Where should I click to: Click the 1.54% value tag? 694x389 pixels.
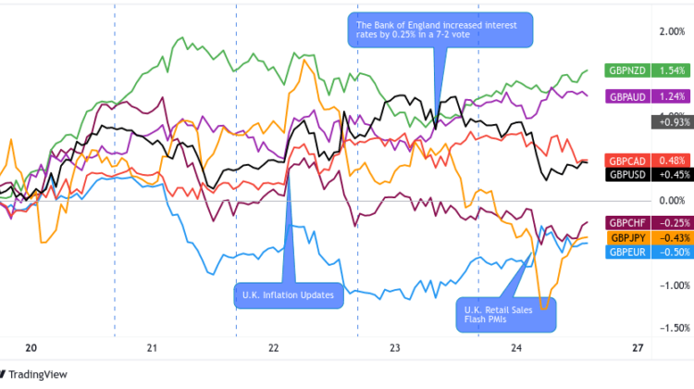tap(671, 70)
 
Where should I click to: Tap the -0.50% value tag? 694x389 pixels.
tap(671, 252)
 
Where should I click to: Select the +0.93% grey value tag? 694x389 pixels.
tap(671, 120)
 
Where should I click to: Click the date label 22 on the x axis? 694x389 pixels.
tap(274, 348)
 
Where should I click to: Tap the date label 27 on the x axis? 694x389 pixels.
tap(638, 348)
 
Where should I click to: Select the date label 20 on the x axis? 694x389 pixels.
tap(31, 348)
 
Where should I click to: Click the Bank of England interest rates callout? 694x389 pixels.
tap(440, 31)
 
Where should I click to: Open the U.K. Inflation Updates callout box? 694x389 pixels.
tap(288, 295)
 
